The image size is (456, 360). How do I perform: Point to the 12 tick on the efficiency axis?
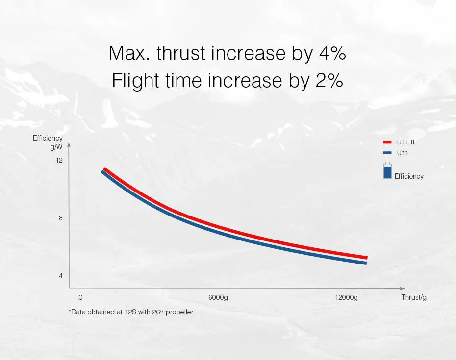coord(59,160)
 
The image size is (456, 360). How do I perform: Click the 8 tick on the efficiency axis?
coord(61,218)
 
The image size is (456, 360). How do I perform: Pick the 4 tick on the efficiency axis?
coord(61,276)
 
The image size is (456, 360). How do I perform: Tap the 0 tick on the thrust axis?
coord(80,297)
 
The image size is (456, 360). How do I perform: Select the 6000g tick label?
coord(218,297)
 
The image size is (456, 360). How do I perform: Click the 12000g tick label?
coord(346,297)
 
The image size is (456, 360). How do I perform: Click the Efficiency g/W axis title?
coord(48,142)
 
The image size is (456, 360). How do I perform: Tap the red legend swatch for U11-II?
coord(387,142)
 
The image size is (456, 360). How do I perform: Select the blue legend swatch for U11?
coord(387,153)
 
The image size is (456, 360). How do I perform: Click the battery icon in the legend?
coord(387,170)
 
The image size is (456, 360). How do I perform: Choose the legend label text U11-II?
coord(406,142)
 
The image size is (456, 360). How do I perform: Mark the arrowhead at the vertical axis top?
coord(69,145)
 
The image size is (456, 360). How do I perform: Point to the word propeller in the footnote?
coord(180,312)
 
